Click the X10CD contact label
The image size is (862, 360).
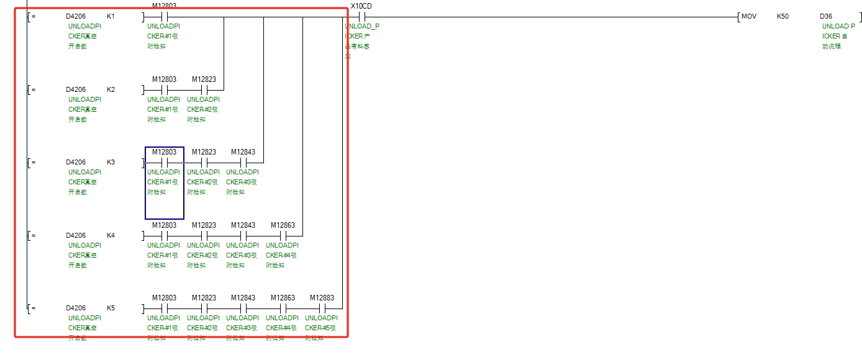tap(361, 6)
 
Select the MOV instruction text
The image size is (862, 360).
tap(749, 16)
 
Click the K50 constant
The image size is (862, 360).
tap(783, 16)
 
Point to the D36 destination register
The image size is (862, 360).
tap(826, 16)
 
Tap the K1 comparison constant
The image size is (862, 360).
tap(111, 16)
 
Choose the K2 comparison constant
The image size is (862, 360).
tap(111, 89)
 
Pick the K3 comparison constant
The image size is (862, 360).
tap(111, 162)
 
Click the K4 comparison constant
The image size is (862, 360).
tap(111, 235)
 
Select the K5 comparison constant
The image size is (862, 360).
tap(111, 308)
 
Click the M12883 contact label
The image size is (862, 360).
tap(322, 298)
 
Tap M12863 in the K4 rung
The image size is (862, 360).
tap(283, 225)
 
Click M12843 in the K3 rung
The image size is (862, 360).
tap(243, 152)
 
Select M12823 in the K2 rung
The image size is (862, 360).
tap(204, 79)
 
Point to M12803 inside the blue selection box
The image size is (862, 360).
tap(164, 152)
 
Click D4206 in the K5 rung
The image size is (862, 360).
tap(76, 308)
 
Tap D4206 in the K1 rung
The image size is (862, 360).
tap(76, 16)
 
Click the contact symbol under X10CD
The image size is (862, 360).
tap(361, 17)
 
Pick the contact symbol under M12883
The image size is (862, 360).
tap(322, 308)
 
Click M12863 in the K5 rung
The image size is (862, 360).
tap(283, 298)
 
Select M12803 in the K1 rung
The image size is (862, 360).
tap(164, 6)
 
